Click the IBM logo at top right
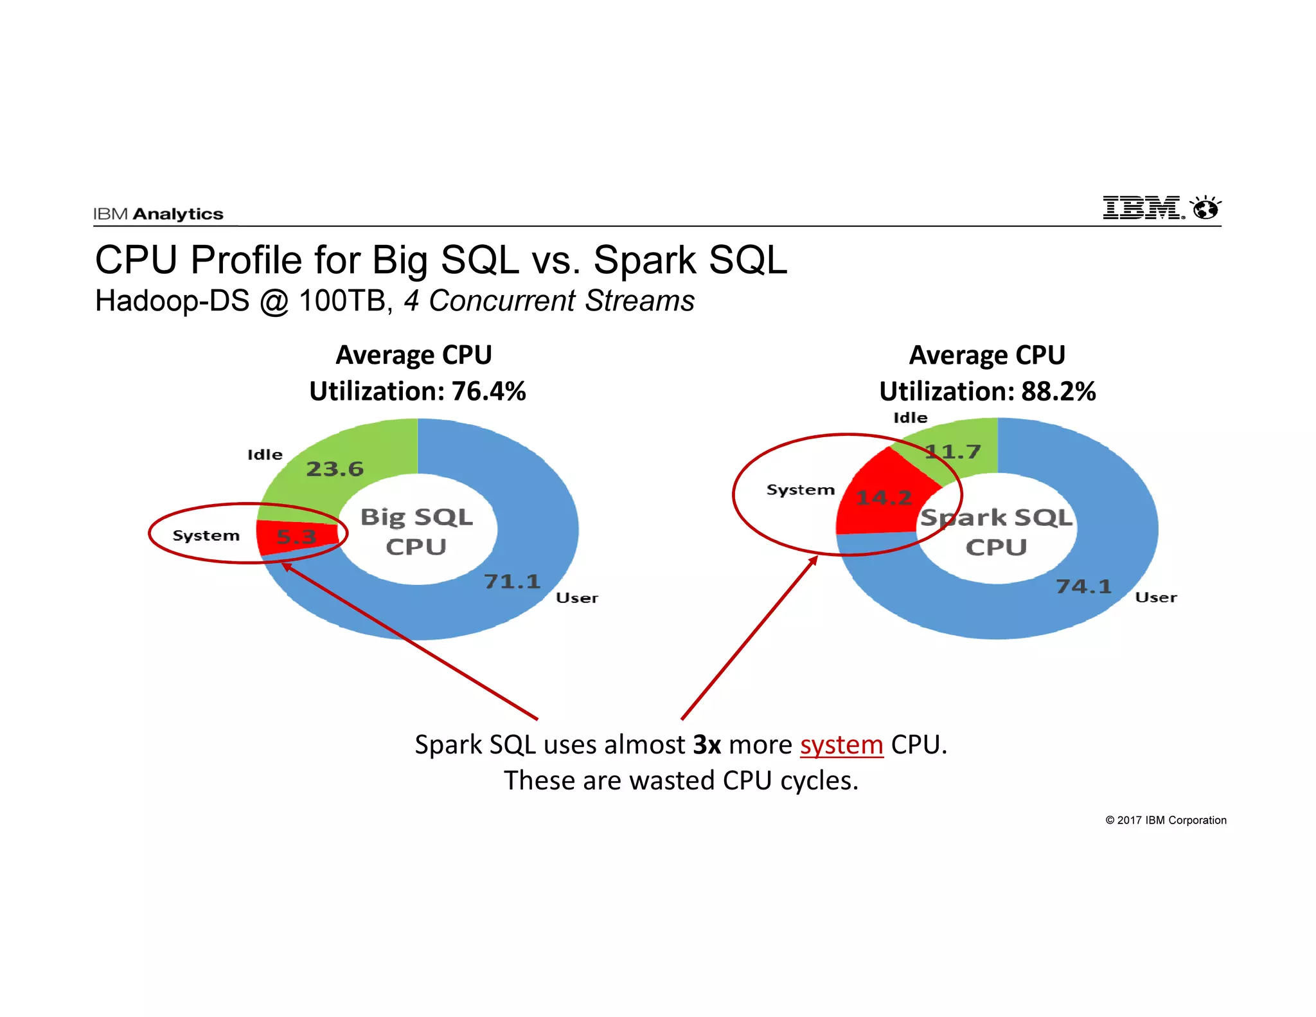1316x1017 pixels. coord(1143,208)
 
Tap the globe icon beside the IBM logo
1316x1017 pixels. coord(1205,208)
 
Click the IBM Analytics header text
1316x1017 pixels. coord(158,214)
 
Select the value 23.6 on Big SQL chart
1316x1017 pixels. coord(334,469)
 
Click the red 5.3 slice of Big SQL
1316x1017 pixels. coord(296,536)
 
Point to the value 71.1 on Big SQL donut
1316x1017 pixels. coord(511,581)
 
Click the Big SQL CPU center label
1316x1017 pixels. coord(416,532)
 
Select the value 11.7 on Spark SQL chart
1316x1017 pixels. coord(953,451)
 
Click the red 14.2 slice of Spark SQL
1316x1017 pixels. coord(884,498)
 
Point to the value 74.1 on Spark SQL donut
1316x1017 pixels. coord(1083,586)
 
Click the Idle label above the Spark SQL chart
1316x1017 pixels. coord(911,418)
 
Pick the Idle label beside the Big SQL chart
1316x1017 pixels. coord(265,455)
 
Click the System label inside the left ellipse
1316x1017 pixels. coord(206,535)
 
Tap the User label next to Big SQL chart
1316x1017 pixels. coord(576,598)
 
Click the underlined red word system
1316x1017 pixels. coord(841,745)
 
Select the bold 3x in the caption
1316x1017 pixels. coord(707,745)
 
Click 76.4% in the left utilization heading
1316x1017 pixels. coord(488,391)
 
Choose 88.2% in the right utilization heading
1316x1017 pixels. coord(1058,391)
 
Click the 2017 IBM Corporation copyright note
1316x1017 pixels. coord(1166,820)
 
